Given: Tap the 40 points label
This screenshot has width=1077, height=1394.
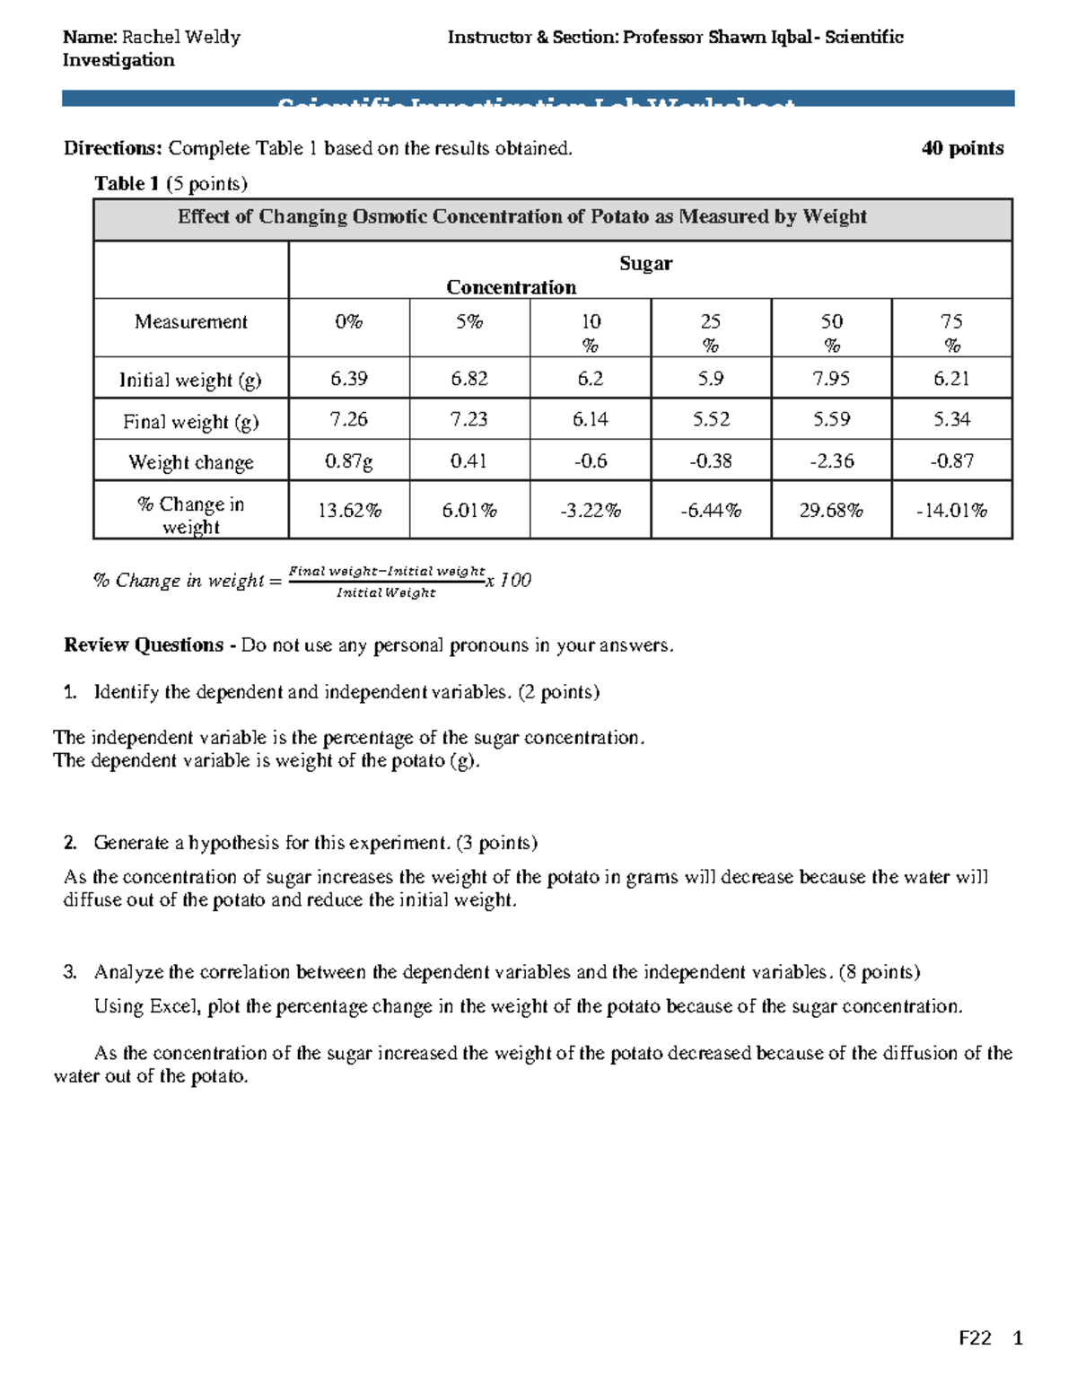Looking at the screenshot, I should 962,148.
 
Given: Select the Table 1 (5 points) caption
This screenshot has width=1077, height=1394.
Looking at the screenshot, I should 171,183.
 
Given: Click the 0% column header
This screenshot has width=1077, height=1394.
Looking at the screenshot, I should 348,321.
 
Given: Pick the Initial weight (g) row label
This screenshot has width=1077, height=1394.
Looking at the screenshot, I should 190,380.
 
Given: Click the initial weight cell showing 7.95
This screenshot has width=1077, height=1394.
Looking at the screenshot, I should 831,379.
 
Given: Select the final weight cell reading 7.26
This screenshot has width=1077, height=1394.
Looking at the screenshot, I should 348,419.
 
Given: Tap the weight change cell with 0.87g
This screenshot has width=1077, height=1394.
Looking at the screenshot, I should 348,461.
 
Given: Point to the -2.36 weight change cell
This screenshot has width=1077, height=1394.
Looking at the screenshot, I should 831,461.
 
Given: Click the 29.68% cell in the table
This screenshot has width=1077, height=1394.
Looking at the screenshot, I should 831,511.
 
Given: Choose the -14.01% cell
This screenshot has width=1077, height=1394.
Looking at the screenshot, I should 951,511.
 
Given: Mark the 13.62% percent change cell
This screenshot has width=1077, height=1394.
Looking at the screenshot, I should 348,511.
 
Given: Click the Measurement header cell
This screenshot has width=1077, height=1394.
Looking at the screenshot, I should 190,321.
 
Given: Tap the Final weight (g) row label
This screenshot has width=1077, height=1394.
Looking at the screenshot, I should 190,421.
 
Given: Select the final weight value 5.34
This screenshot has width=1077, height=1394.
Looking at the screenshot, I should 951,419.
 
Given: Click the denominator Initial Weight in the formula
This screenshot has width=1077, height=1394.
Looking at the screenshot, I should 386,592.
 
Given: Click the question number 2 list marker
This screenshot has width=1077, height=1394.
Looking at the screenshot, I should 70,843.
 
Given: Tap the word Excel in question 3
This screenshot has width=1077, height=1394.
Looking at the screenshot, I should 172,1006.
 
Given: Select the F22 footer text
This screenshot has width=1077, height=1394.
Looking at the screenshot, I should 975,1338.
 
